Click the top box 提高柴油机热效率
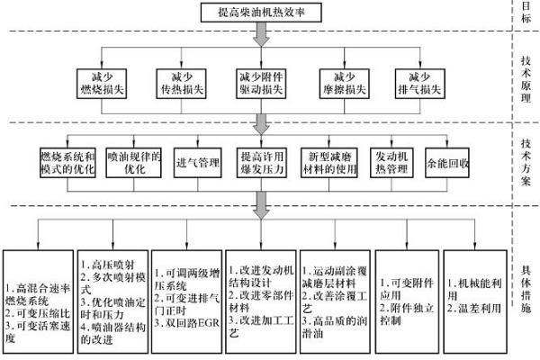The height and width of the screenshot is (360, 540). click(x=261, y=12)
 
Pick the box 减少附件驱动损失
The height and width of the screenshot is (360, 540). click(x=261, y=83)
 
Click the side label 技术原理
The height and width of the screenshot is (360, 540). click(x=526, y=82)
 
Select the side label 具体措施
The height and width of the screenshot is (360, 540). click(x=526, y=286)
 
